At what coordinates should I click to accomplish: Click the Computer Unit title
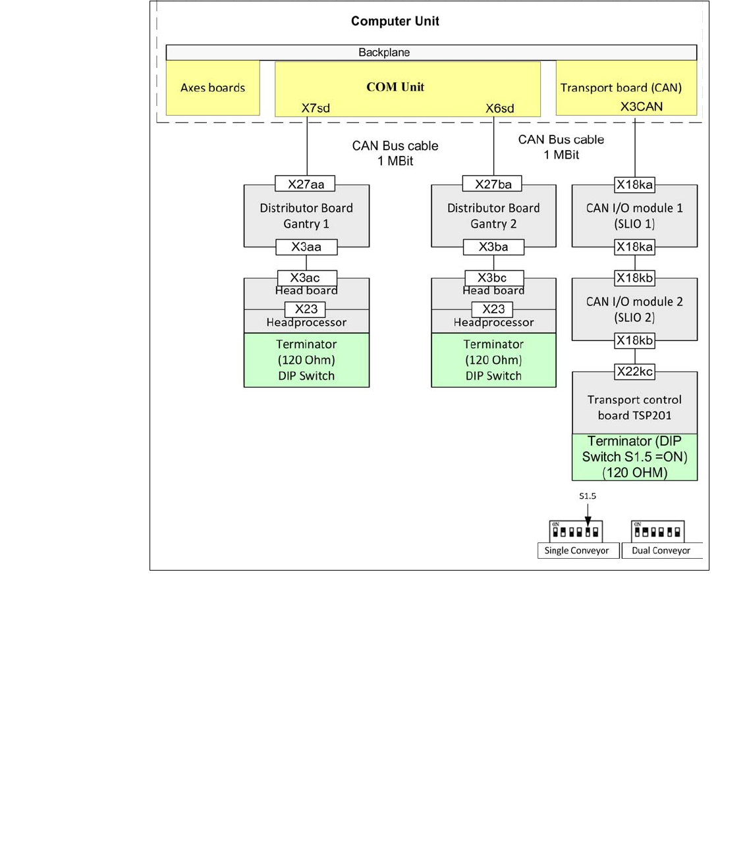click(395, 21)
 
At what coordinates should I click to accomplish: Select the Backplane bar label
click(384, 53)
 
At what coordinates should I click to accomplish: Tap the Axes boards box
click(213, 88)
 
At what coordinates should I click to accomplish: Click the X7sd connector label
click(316, 108)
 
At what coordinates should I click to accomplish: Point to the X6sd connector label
click(500, 108)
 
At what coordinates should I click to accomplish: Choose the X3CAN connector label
click(641, 107)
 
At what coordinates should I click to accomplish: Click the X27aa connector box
click(306, 184)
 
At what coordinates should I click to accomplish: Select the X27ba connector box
click(493, 184)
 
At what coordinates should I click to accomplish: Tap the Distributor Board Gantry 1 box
click(306, 216)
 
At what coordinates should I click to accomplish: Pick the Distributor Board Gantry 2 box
click(493, 216)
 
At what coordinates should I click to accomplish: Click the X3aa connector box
click(306, 247)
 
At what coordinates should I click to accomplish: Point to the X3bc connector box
click(492, 278)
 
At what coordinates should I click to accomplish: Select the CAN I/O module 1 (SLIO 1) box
click(634, 216)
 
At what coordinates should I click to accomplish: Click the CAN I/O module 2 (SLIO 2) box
click(634, 309)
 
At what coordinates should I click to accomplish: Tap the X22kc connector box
click(634, 372)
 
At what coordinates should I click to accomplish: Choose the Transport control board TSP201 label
click(634, 407)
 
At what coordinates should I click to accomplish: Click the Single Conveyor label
click(576, 551)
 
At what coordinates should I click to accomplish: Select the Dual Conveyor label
click(661, 551)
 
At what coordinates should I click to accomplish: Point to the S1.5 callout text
click(588, 496)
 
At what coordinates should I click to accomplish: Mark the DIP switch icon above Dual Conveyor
click(657, 530)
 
